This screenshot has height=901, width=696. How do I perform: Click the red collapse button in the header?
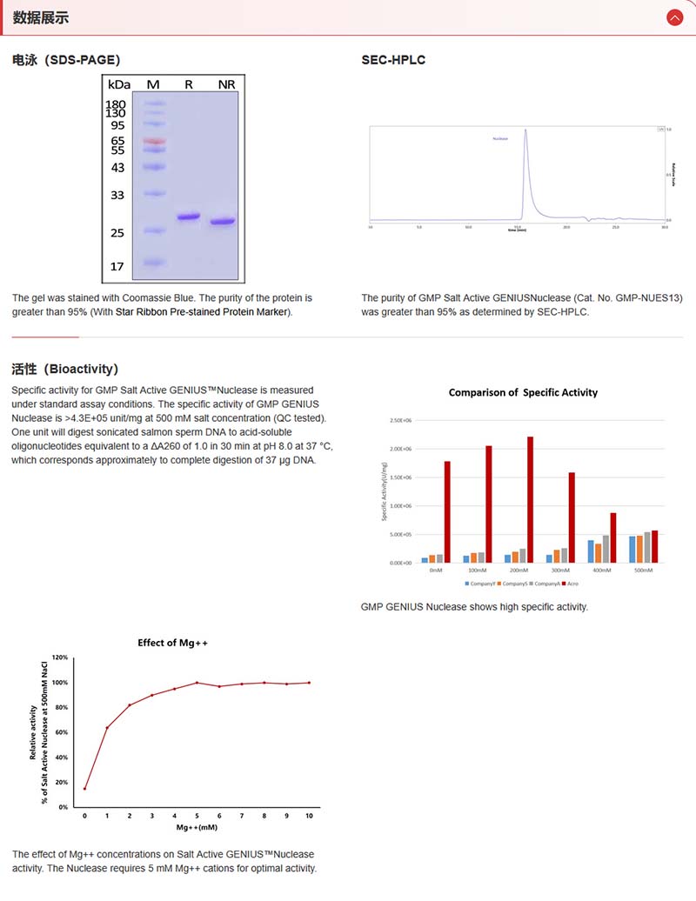pos(674,17)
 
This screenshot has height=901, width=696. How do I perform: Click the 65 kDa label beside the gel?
pos(118,140)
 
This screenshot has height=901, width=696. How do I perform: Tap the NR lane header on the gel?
pos(226,84)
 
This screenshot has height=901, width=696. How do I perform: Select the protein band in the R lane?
pos(189,217)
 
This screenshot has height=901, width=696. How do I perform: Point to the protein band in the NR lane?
pos(223,222)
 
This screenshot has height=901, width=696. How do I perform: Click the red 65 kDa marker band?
pos(154,140)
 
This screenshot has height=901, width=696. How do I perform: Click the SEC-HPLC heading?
pos(393,60)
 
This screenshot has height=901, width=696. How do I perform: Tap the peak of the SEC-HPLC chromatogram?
pos(525,131)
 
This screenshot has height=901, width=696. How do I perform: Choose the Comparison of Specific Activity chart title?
pos(523,392)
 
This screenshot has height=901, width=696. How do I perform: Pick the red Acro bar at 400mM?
pos(613,537)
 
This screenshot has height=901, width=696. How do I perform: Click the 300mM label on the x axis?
pos(561,571)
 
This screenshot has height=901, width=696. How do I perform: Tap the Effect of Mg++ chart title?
pos(173,643)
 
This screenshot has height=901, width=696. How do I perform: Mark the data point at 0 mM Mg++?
pos(84,789)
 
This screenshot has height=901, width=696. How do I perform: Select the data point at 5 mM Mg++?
pos(197,683)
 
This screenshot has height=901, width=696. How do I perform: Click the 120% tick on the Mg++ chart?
pos(60,657)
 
